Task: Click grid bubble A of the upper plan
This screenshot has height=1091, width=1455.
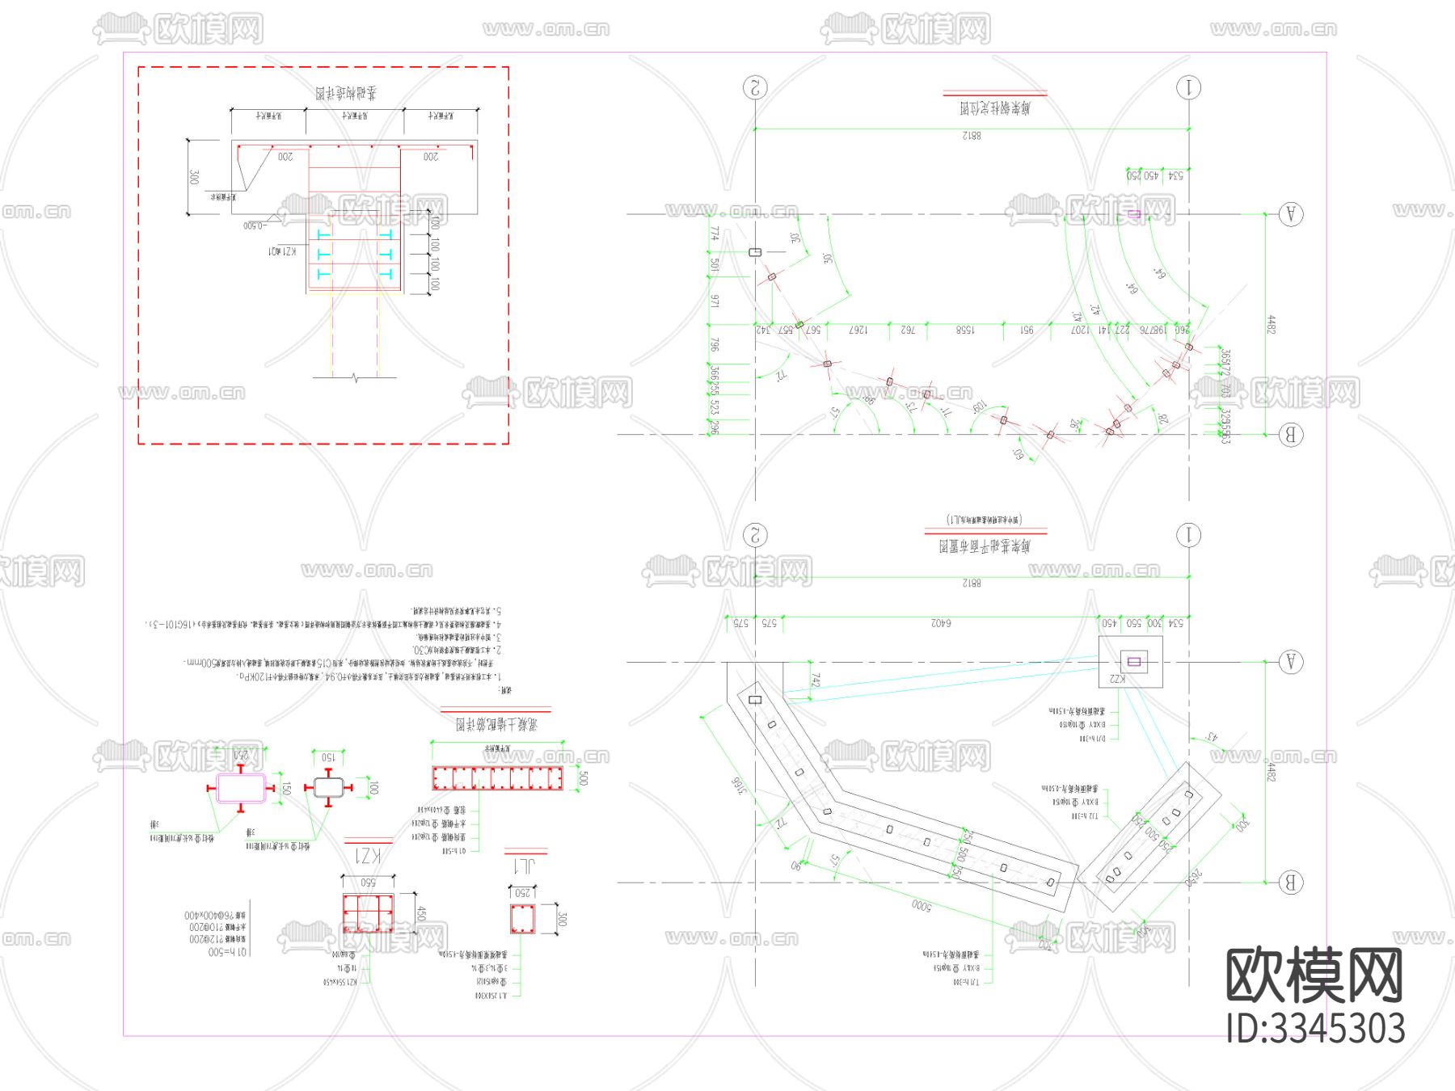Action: pyautogui.click(x=1290, y=214)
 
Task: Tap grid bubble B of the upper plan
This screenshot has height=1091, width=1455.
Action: pyautogui.click(x=1290, y=435)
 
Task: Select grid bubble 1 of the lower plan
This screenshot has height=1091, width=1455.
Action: pyautogui.click(x=1188, y=535)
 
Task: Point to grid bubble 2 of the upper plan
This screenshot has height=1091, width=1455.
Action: pyautogui.click(x=755, y=87)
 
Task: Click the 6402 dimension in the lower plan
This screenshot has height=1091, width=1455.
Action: pyautogui.click(x=941, y=623)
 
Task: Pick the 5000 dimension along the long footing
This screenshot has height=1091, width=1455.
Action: pyautogui.click(x=921, y=906)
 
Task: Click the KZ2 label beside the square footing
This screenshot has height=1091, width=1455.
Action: pyautogui.click(x=1116, y=679)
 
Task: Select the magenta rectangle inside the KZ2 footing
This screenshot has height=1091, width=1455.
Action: pyautogui.click(x=1134, y=662)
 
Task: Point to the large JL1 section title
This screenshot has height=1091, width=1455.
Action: pyautogui.click(x=525, y=866)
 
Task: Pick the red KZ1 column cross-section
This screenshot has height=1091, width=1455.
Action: pyautogui.click(x=368, y=913)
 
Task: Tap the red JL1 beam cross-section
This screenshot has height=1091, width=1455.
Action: pyautogui.click(x=522, y=919)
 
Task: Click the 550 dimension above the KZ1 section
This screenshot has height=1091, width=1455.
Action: pyautogui.click(x=368, y=882)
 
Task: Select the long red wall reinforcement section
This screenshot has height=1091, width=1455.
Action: pyautogui.click(x=497, y=778)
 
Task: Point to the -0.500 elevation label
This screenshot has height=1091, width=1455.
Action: pyautogui.click(x=254, y=225)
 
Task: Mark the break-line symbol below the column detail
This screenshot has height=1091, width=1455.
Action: pyautogui.click(x=355, y=377)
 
